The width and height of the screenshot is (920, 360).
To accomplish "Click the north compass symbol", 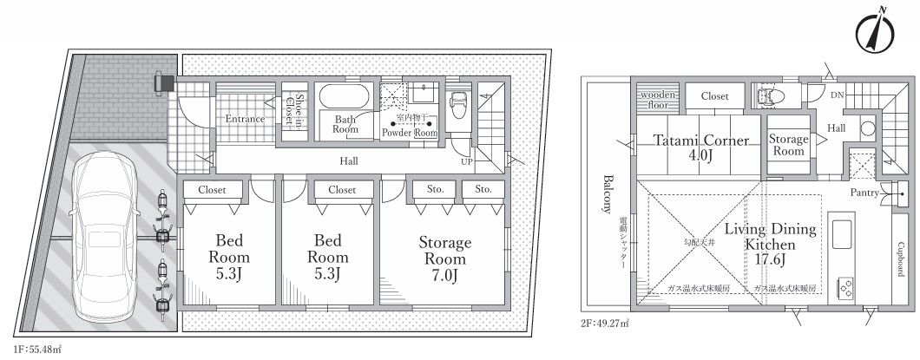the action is click(874, 32).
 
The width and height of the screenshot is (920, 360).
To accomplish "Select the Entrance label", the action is click(246, 119).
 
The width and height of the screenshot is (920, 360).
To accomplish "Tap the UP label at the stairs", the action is click(467, 160).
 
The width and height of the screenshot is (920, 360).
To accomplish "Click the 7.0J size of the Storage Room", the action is click(444, 275).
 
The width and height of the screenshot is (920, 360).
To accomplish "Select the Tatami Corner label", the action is click(701, 141).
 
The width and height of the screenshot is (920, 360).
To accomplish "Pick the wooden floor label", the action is click(658, 100).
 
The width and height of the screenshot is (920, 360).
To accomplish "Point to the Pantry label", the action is click(864, 193).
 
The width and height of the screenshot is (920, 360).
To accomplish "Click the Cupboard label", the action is click(901, 259).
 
